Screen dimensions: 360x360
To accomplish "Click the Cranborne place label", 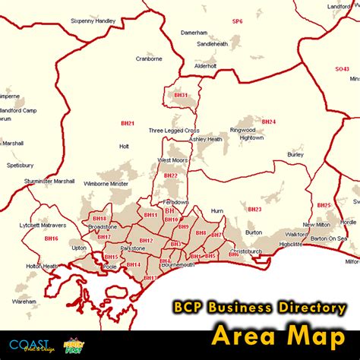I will pos(149,57).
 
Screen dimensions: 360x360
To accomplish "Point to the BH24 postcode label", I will pos(269,122).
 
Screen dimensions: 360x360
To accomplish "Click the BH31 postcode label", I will pos(180,96).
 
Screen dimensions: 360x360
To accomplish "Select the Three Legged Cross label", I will pos(174,130).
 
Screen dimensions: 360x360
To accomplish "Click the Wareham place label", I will pos(24,301).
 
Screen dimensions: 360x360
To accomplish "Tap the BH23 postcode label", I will pos(254,210).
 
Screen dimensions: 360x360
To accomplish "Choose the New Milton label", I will pos(317,225).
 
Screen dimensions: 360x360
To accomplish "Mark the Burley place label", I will pos(296,155).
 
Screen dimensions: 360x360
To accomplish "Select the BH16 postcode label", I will pos(51,238).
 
